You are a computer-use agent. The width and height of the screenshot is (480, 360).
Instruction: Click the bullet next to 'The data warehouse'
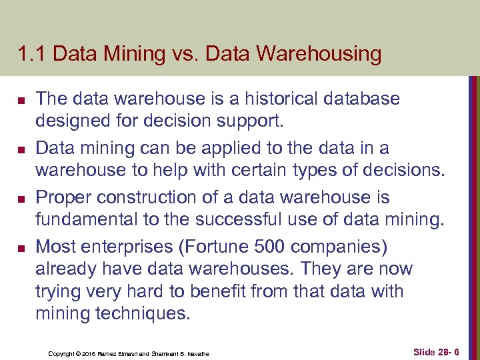pos(21,101)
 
